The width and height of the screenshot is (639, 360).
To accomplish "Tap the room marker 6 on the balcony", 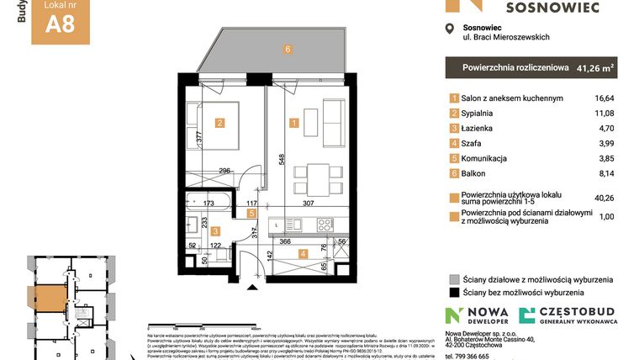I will (288, 50).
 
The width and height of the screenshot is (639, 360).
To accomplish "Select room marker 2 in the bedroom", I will (219, 124).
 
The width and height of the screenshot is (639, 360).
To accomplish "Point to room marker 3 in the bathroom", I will (215, 230).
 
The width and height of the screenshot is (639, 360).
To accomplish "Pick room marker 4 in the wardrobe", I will (303, 253).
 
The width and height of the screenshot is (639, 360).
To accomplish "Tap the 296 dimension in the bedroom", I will (224, 171).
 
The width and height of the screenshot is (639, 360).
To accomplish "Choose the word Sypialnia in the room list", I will (480, 114).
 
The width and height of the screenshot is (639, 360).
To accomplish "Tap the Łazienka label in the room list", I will (480, 128).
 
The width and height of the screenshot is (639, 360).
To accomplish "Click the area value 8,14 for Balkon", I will (605, 173).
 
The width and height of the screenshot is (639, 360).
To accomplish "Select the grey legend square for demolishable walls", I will (454, 279).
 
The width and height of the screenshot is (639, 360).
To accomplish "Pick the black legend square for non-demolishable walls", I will (454, 294).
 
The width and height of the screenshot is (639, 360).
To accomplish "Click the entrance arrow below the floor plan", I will (251, 289).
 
